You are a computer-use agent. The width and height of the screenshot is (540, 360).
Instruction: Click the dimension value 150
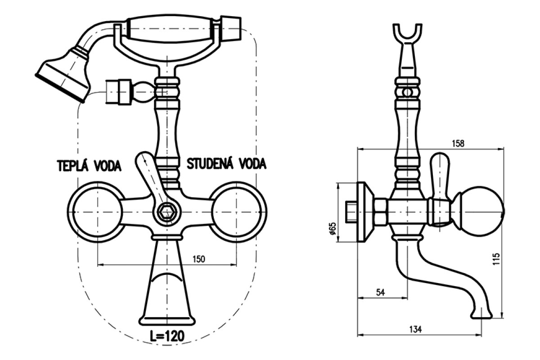tap(198, 259)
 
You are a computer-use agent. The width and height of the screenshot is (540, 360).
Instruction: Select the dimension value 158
tap(458, 144)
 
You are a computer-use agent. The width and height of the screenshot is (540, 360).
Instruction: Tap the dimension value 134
tap(415, 329)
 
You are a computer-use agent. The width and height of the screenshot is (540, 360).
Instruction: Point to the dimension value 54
tap(380, 292)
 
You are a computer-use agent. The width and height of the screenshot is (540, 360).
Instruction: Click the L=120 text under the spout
tap(167, 336)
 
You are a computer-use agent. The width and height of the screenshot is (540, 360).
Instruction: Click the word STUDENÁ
tap(210, 164)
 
